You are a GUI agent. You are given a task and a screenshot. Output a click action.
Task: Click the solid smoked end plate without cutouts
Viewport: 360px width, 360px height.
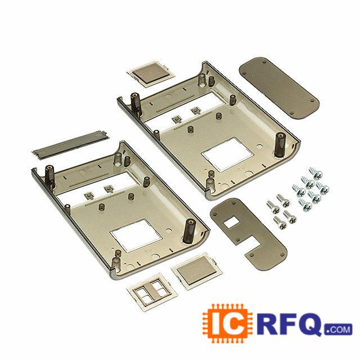tap(279, 88)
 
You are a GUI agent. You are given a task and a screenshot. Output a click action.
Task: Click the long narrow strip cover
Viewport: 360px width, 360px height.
tap(70, 145)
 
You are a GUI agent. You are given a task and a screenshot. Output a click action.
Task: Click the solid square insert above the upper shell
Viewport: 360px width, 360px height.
tap(150, 74)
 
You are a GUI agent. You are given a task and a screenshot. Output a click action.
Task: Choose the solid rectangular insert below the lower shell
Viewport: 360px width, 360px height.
tap(197, 271)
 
